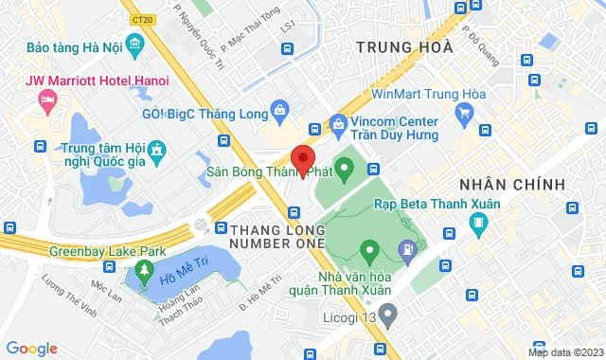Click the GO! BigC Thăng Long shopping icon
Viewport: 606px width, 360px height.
click(279, 112)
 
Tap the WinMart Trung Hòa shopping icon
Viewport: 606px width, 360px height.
click(464, 116)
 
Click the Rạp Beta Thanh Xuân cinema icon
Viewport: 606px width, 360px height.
click(477, 226)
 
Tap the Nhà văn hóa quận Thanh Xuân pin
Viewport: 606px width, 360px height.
click(370, 252)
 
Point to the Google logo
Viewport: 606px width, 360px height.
click(31, 348)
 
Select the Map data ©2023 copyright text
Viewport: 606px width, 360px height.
click(564, 352)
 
